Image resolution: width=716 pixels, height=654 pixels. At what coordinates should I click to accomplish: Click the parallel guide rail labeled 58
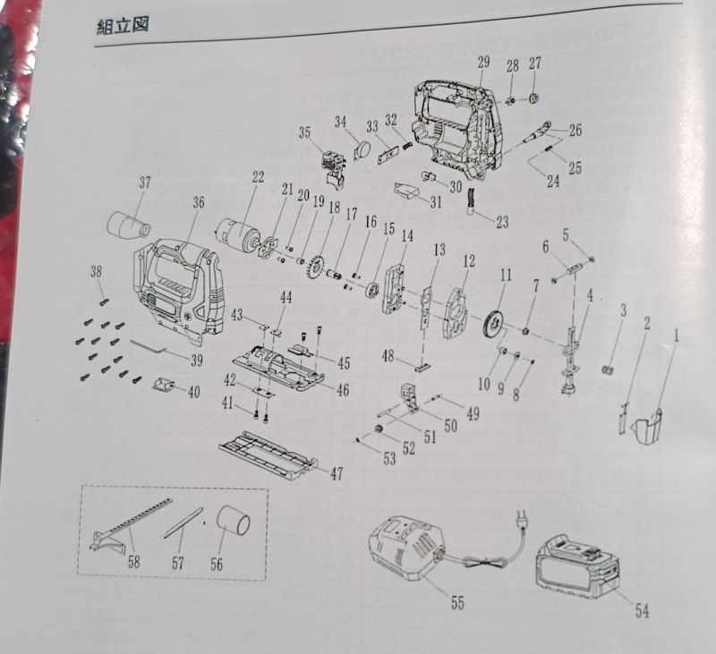(x=125, y=529)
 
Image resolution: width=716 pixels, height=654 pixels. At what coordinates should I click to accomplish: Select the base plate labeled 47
(x=268, y=453)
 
